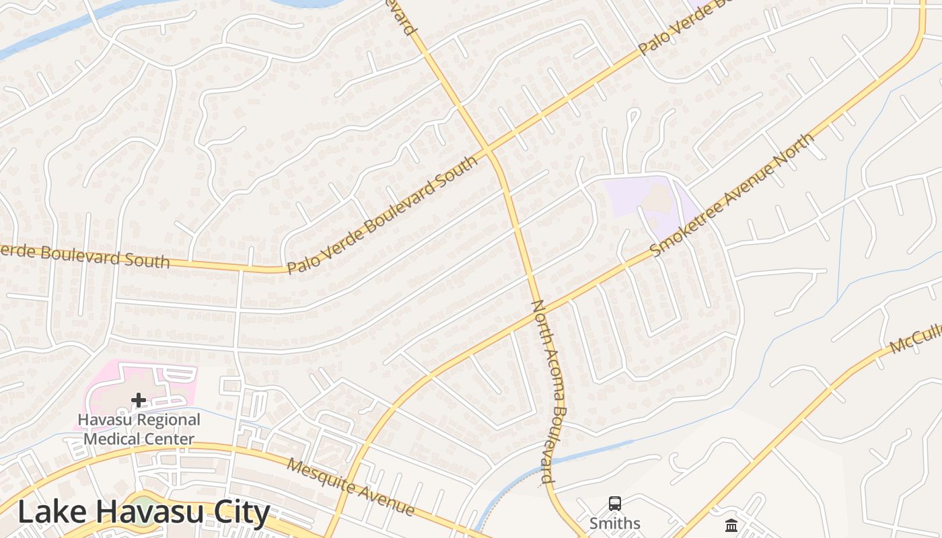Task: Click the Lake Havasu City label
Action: [x=143, y=512]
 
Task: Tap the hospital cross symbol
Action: [x=139, y=400]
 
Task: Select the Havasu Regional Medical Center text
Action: [x=139, y=430]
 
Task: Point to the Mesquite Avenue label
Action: [x=351, y=486]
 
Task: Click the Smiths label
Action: [x=614, y=523]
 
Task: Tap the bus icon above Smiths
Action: [x=614, y=504]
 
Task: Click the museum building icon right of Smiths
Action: [x=731, y=525]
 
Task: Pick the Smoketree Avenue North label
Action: [x=732, y=194]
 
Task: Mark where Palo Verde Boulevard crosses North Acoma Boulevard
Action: [x=489, y=149]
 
